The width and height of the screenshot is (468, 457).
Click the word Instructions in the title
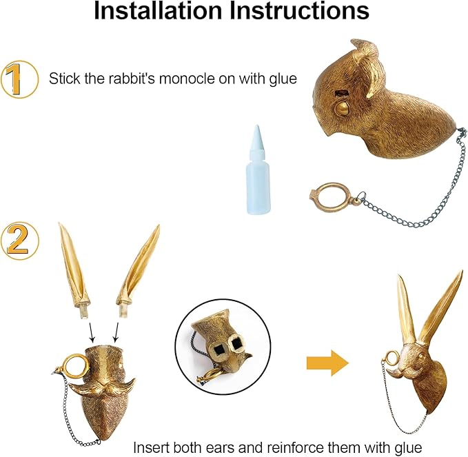[298, 12]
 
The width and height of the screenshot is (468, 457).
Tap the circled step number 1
[19, 79]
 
